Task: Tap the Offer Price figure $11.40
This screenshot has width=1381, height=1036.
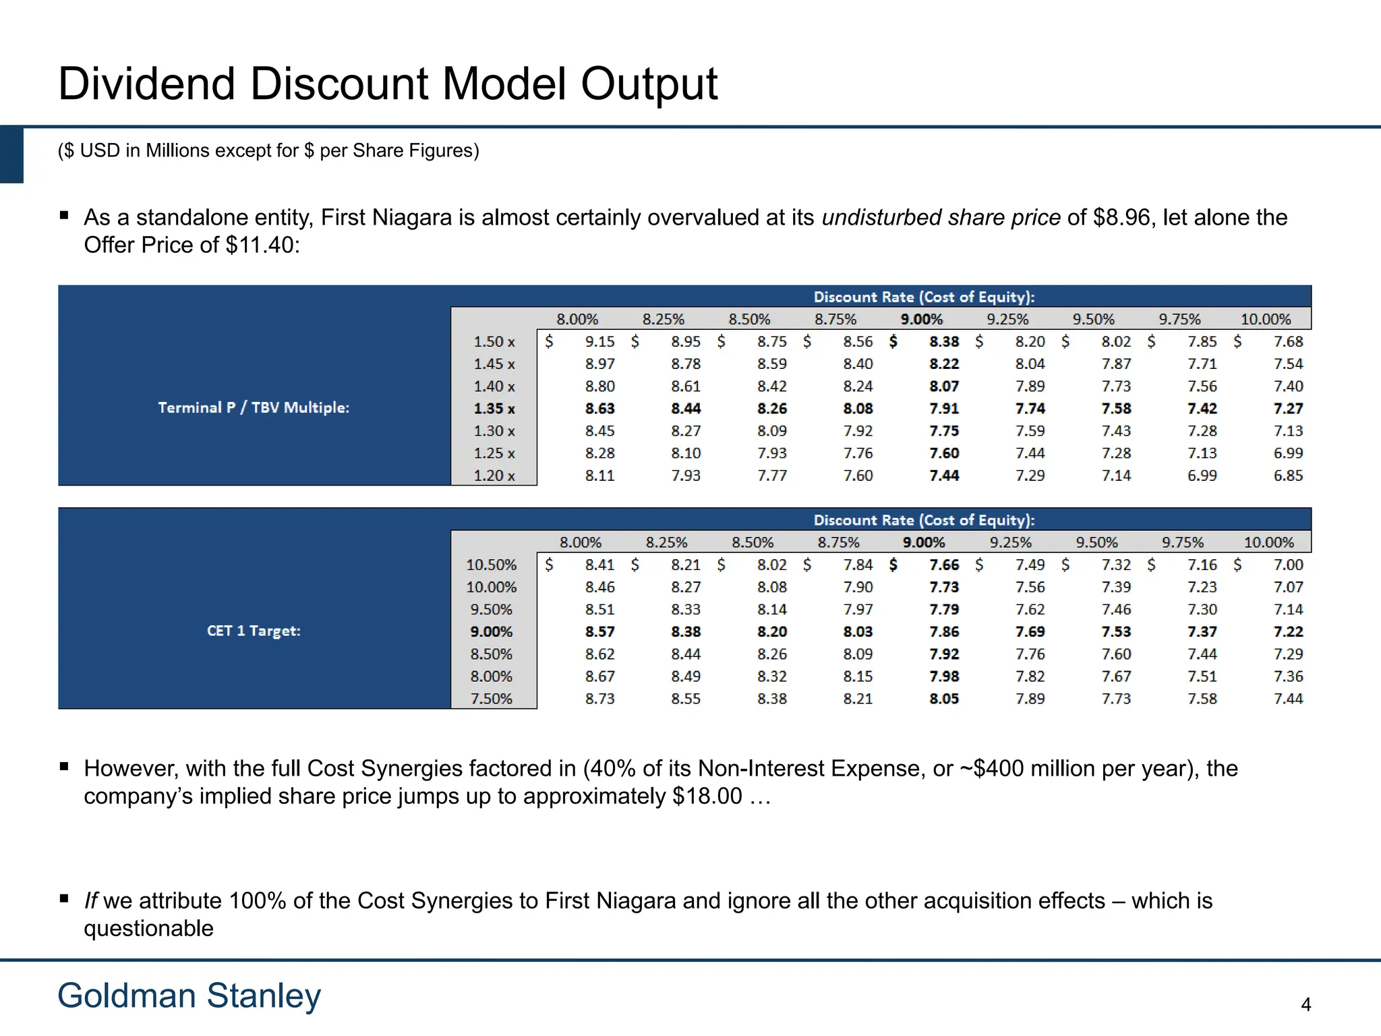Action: tap(262, 246)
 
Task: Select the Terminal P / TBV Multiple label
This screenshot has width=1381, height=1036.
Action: tap(254, 407)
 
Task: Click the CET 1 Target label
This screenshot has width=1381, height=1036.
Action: tap(254, 631)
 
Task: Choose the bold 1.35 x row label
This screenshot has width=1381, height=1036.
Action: tap(494, 409)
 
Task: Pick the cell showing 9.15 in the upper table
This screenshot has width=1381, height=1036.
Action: tap(599, 342)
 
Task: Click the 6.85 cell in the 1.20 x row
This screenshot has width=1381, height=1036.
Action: tap(1288, 476)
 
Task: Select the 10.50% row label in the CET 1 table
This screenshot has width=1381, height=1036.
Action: tap(491, 565)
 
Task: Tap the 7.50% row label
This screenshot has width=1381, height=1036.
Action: tap(491, 699)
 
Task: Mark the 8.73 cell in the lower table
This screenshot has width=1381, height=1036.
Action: tap(599, 699)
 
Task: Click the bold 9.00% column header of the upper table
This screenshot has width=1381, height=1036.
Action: tap(921, 319)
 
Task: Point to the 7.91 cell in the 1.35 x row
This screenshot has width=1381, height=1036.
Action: tap(943, 409)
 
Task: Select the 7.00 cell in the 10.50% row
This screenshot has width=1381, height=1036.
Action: tap(1288, 565)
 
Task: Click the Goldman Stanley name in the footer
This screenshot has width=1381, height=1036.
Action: tap(189, 996)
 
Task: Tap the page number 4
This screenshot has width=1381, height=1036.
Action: tap(1305, 1005)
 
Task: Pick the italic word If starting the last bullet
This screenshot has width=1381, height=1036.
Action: tap(90, 901)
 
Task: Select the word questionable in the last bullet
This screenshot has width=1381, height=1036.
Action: tap(148, 929)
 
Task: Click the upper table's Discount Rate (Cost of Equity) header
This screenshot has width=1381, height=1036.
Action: tap(924, 297)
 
